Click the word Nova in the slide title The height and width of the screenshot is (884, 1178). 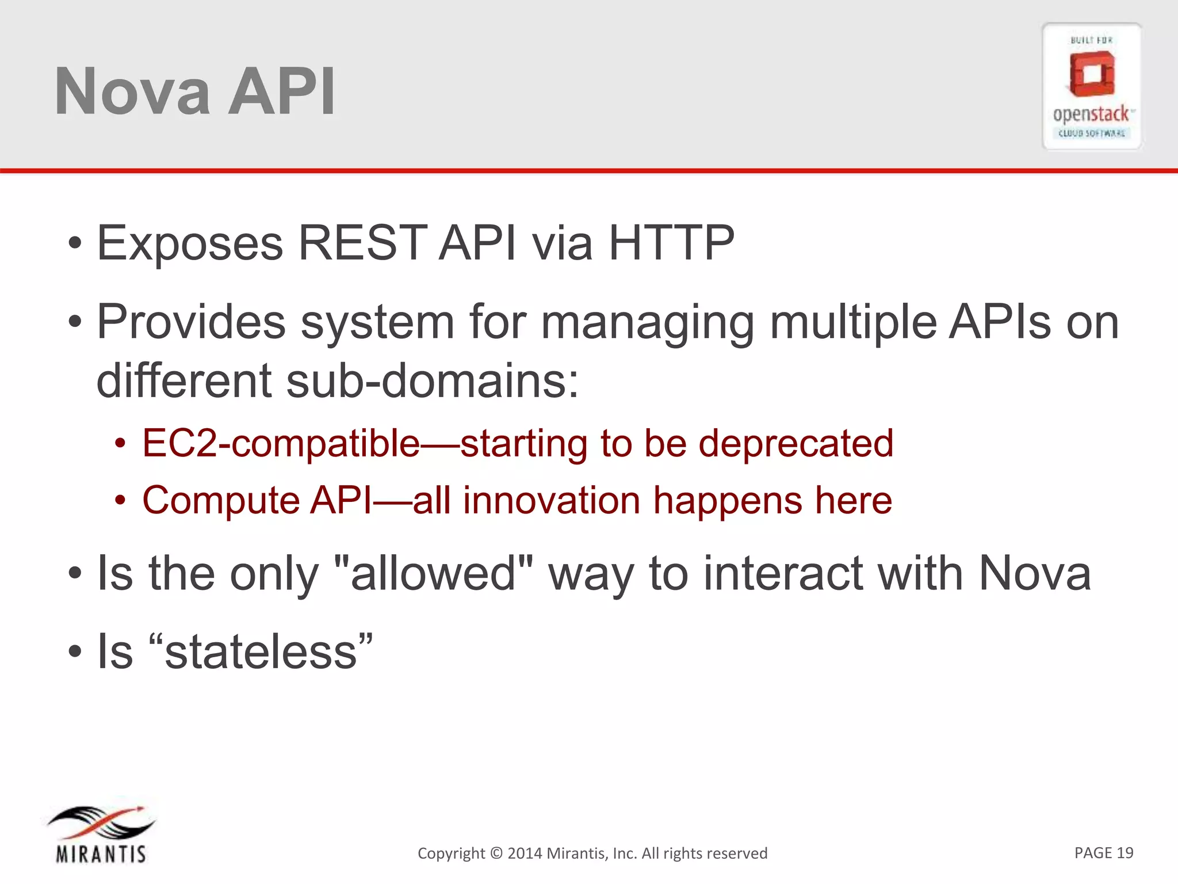point(132,92)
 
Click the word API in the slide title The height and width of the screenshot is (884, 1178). point(281,92)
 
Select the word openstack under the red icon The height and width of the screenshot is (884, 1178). point(1091,114)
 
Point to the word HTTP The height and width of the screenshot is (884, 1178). point(671,243)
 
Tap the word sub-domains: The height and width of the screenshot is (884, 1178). point(433,381)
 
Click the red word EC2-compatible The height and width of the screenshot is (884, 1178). point(281,444)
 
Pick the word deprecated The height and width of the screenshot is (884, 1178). point(795,444)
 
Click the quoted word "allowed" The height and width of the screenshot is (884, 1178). point(434,573)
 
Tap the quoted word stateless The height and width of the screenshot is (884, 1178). point(261,652)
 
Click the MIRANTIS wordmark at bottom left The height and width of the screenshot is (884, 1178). point(101,854)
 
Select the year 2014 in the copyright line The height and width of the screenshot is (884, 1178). point(525,853)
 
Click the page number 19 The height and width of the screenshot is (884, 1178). point(1125,853)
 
